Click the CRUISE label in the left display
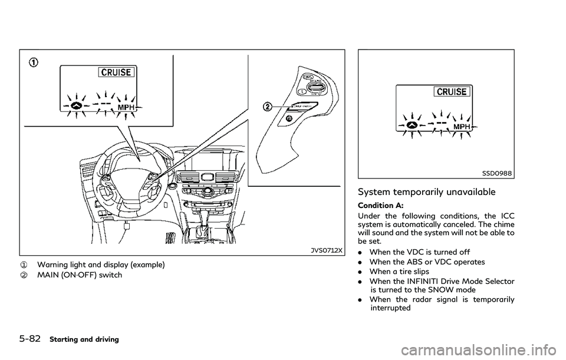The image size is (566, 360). coord(119,72)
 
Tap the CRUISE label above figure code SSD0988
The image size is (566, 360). coord(452,91)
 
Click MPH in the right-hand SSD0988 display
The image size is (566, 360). coord(462,127)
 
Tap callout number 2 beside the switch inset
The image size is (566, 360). coord(269,107)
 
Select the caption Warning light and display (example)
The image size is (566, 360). coord(102,265)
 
